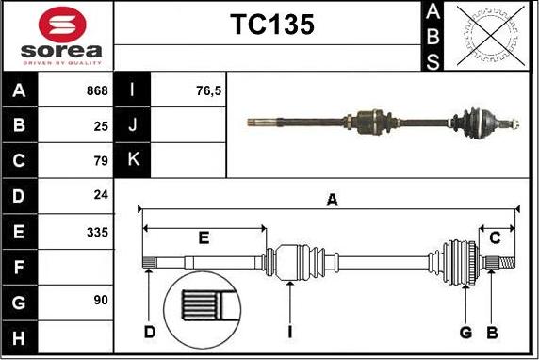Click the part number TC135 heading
272,25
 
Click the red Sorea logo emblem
62,25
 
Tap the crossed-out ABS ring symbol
491,36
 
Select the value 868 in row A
97,90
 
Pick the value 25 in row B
101,126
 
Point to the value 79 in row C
101,160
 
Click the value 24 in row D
101,195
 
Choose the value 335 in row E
98,233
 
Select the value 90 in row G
101,301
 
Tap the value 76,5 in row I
208,91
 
